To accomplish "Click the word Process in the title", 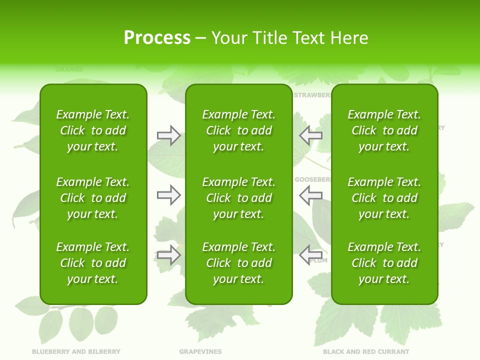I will tap(157, 38).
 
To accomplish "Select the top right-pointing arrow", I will tap(168, 135).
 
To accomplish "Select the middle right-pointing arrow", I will tap(168, 195).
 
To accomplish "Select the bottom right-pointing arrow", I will tap(168, 255).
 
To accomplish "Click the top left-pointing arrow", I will tap(310, 135).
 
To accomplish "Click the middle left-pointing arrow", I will tap(310, 195).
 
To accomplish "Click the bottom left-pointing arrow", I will tap(310, 255).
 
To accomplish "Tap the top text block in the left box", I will tap(93, 130).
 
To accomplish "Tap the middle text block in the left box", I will tap(93, 198).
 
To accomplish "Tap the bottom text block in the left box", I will tap(93, 263).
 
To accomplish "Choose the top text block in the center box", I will tap(238, 130).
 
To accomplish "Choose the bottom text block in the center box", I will tap(238, 263).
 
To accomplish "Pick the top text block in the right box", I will tap(384, 130).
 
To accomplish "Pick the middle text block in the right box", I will tap(384, 198).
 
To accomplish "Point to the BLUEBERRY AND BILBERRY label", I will tap(76, 351).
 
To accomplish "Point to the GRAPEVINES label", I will tap(200, 351).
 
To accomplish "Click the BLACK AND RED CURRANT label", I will tap(366, 351).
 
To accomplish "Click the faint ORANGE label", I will tap(69, 69).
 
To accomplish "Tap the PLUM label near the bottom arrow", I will tap(318, 260).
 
